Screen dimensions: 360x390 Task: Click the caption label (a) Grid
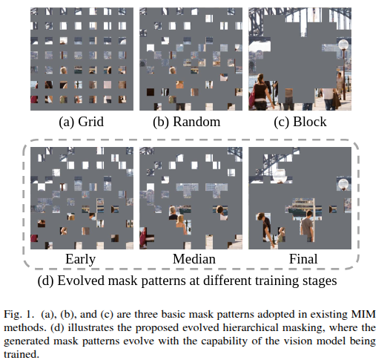pyautogui.click(x=82, y=120)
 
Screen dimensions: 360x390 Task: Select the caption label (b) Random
pyautogui.click(x=191, y=120)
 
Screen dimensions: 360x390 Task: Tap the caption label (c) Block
pyautogui.click(x=300, y=120)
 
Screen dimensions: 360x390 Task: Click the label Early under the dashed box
pyautogui.click(x=82, y=258)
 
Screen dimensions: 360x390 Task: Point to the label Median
pyautogui.click(x=191, y=258)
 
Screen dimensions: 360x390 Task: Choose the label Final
pyautogui.click(x=300, y=258)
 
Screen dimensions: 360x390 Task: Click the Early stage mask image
pyautogui.click(x=82, y=197)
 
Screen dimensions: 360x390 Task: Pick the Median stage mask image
pyautogui.click(x=191, y=197)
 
